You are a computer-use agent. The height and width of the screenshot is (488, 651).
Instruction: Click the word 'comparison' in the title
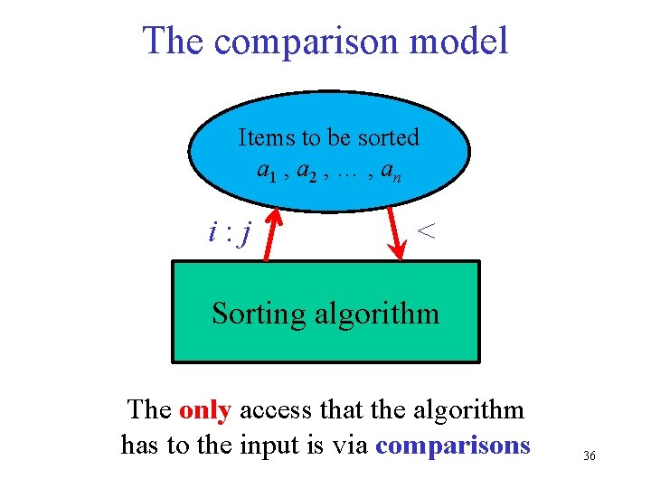[307, 42]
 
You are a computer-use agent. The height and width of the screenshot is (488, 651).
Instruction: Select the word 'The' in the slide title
[175, 41]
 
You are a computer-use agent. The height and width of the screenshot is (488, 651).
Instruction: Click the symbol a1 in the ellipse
[267, 169]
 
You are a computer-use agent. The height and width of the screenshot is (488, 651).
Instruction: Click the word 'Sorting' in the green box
[259, 314]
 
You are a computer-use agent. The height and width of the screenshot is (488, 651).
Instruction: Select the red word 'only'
[205, 409]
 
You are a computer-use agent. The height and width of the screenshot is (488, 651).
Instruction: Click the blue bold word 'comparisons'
[453, 445]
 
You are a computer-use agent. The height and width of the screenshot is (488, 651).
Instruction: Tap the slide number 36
[590, 456]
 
